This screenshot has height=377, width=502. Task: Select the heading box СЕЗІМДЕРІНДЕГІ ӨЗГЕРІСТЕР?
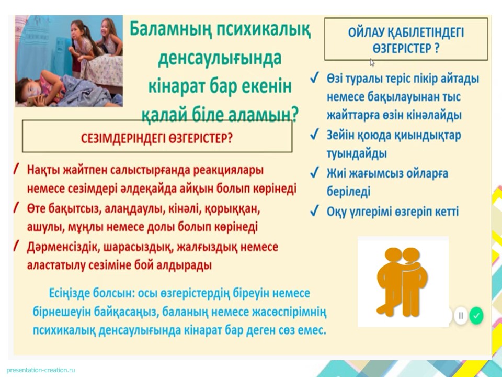point(157,136)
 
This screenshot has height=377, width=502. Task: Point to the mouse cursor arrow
point(372,62)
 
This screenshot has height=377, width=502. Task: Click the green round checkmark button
point(476,315)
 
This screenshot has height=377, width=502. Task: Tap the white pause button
point(461,315)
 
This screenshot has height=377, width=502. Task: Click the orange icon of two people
point(402,282)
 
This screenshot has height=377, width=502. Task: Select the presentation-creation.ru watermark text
point(41,370)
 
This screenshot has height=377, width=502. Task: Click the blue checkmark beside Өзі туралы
point(314,78)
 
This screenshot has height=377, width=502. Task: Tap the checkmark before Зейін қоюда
point(314,135)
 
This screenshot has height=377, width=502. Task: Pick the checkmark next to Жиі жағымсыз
point(314,173)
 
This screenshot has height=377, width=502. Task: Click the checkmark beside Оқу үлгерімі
point(314,211)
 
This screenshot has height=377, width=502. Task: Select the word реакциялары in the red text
point(229,170)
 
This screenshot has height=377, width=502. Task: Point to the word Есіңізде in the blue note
point(69,293)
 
